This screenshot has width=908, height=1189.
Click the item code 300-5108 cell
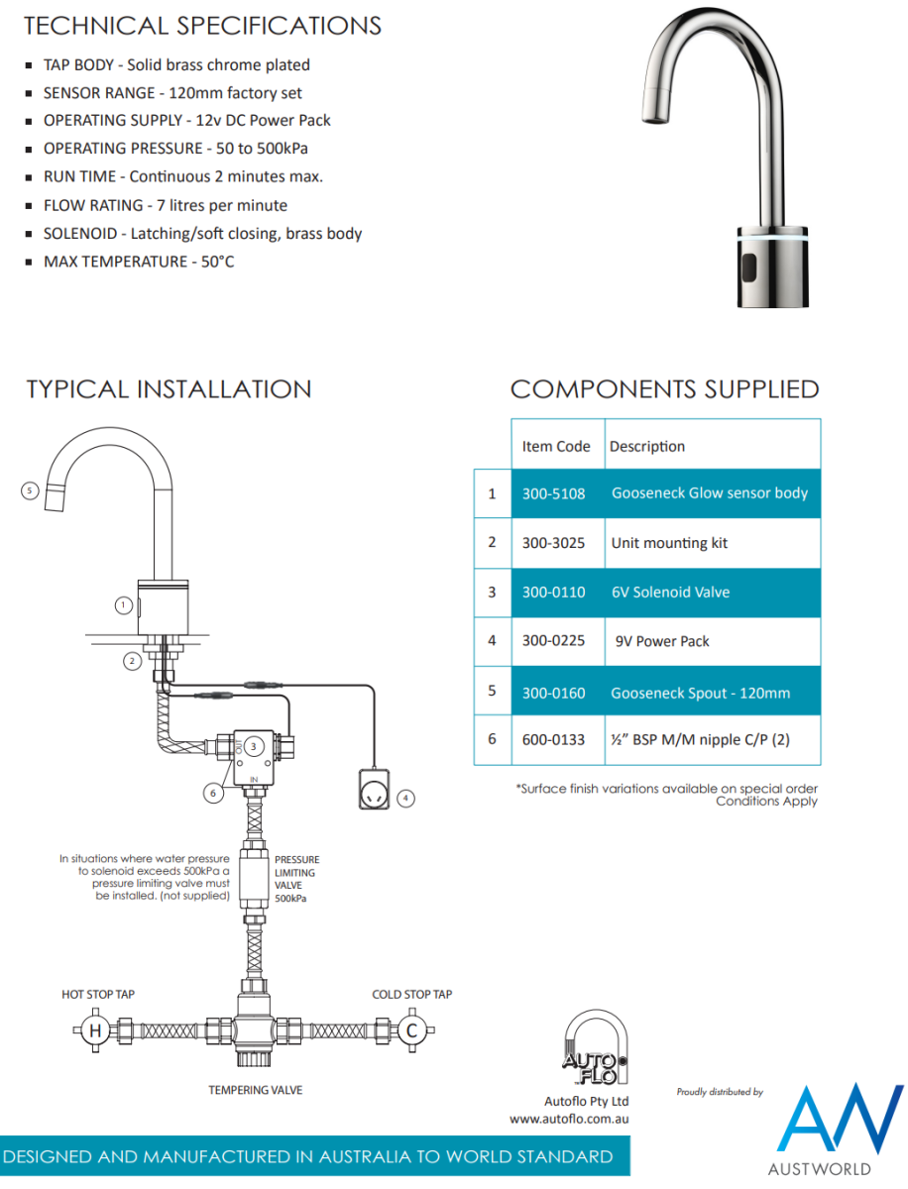click(553, 493)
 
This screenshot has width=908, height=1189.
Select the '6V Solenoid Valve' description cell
click(670, 593)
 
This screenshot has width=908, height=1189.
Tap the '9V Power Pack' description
click(662, 642)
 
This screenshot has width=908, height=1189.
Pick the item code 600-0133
click(553, 739)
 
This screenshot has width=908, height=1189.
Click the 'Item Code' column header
click(555, 446)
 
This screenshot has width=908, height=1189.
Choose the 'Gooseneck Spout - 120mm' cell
click(700, 693)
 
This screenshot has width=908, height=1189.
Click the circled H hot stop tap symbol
click(95, 1030)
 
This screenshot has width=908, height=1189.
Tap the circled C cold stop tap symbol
click(411, 1030)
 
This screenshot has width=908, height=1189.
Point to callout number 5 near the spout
click(31, 489)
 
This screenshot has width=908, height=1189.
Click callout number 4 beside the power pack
click(404, 798)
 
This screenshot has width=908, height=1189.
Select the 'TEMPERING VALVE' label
click(255, 1090)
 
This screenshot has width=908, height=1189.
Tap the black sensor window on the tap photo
click(749, 266)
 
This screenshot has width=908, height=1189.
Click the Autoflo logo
click(595, 1047)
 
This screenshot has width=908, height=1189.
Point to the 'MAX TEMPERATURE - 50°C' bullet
click(138, 262)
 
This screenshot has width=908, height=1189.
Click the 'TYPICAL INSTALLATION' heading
click(169, 389)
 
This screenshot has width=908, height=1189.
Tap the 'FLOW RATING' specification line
click(165, 206)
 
